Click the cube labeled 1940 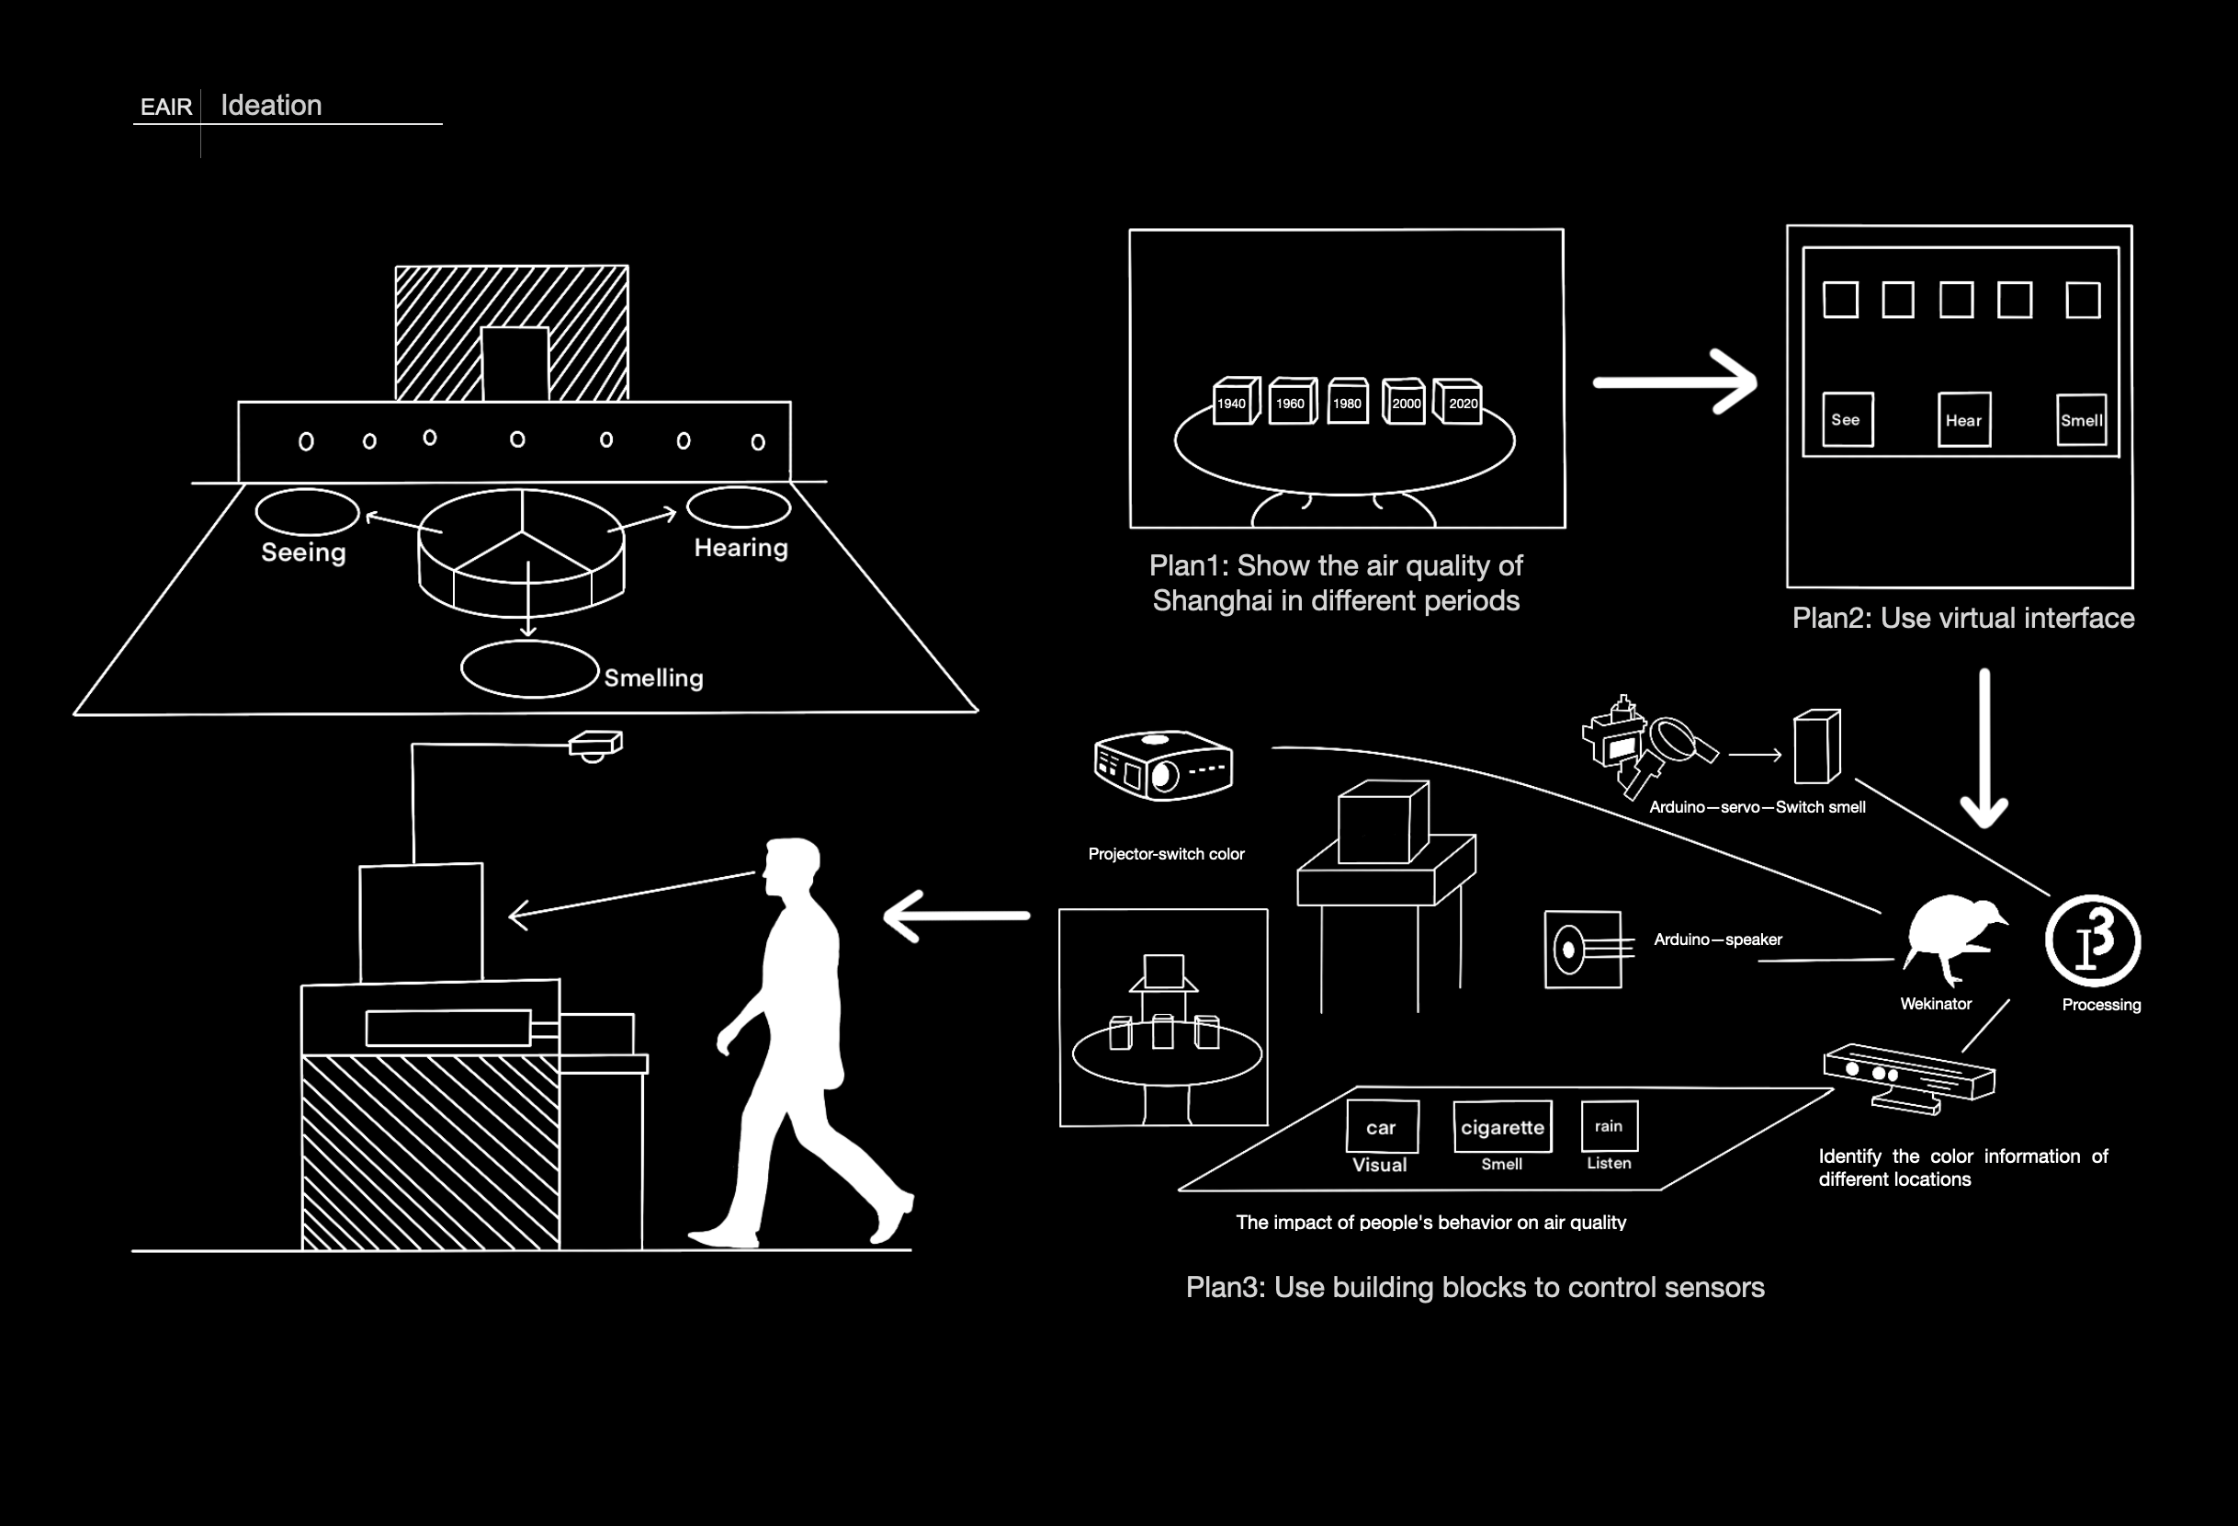click(1235, 402)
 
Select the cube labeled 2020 click(1459, 402)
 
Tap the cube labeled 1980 click(1347, 402)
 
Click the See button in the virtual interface click(1847, 419)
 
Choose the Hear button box click(1963, 419)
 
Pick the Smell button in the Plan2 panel click(2081, 420)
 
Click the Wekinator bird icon click(1950, 940)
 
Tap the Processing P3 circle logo click(2093, 942)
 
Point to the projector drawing click(1163, 766)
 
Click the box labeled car click(1382, 1126)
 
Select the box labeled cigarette click(1502, 1126)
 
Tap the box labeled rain click(1610, 1125)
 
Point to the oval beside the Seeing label click(307, 511)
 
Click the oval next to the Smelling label click(530, 668)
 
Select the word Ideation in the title click(272, 105)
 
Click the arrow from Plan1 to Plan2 click(1675, 382)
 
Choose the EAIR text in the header click(165, 107)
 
